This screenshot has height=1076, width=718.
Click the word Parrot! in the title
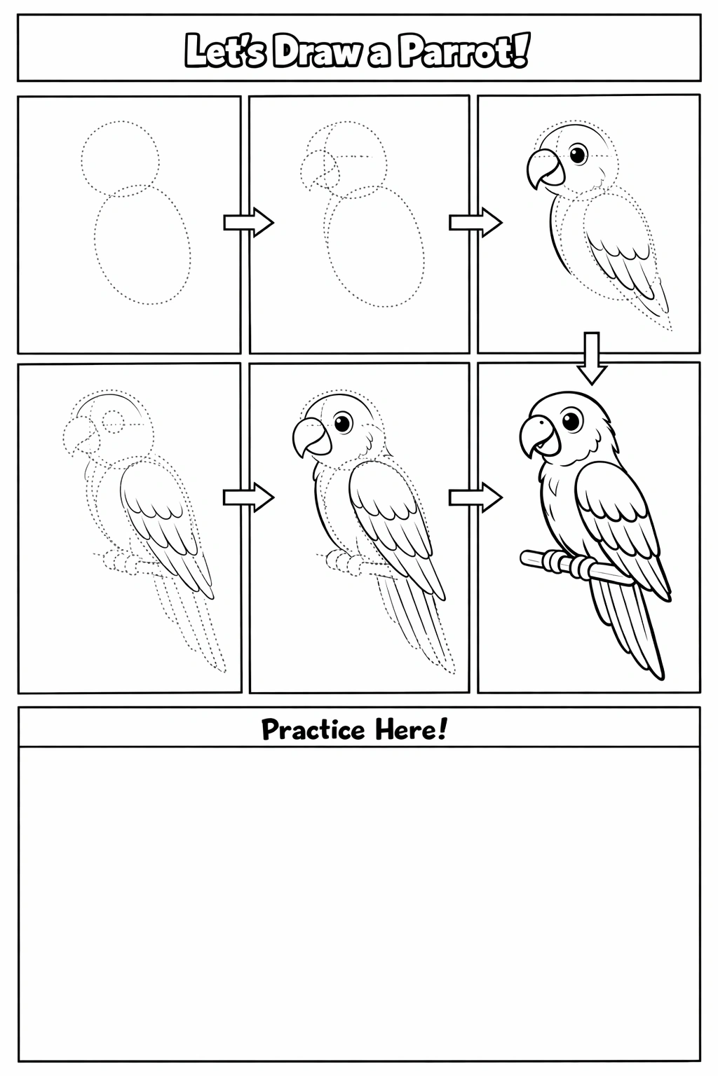coord(465,50)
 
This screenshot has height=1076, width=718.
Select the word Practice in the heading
coord(313,730)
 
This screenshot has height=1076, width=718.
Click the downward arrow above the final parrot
coord(592,358)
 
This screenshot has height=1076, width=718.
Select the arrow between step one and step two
coord(249,222)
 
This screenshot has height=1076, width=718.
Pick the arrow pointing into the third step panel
coord(475,222)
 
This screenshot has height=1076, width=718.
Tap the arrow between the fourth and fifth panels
coord(249,497)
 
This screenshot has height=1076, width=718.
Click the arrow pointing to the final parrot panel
coord(475,497)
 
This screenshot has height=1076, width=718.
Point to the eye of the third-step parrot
coord(578,153)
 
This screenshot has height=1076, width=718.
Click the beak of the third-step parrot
coord(546,168)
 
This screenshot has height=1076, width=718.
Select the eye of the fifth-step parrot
coord(343,422)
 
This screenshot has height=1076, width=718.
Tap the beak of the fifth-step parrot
coord(311,437)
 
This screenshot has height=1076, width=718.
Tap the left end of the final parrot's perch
coord(523,557)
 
